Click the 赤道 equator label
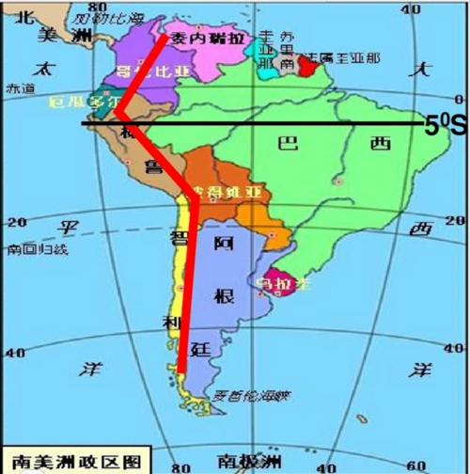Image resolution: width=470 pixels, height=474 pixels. click(19, 87)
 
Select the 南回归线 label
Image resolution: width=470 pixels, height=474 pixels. click(37, 249)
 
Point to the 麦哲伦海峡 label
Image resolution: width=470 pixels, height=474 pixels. click(249, 395)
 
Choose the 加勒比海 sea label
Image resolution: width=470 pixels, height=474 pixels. click(111, 18)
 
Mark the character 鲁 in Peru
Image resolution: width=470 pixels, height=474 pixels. click(152, 167)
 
